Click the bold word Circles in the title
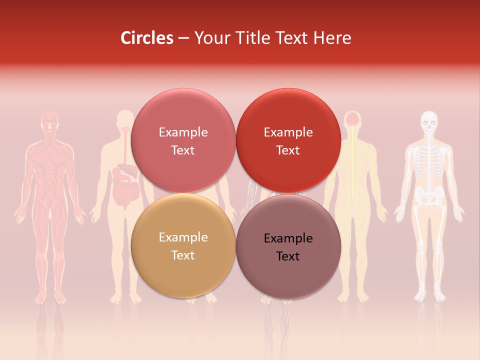[146, 38]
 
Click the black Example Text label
[288, 247]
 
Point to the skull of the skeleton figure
[429, 121]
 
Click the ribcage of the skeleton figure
[429, 160]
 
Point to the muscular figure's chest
[49, 155]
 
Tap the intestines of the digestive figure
[123, 192]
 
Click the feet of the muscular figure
[49, 298]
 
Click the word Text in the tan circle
[183, 255]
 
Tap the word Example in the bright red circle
[288, 132]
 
